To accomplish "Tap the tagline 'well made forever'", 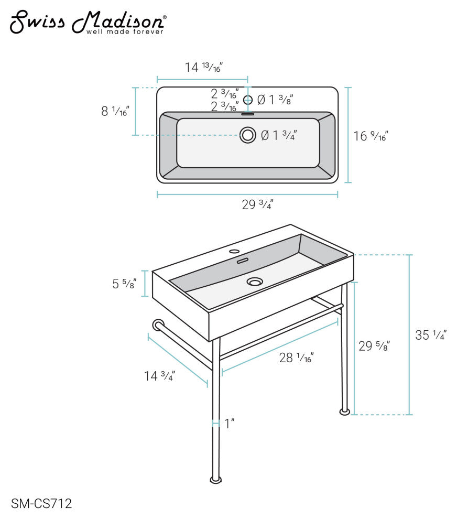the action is (125, 32).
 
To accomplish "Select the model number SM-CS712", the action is (41, 503).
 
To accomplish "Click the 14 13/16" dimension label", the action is (204, 67).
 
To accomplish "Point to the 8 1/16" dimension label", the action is (115, 111).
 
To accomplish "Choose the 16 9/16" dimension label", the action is (371, 136).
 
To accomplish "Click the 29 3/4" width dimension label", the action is (257, 204).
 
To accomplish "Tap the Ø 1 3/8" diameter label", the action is (275, 100).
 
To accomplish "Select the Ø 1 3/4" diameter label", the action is (279, 135).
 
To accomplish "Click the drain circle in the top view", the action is (247, 135).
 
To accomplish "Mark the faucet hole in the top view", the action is (247, 100).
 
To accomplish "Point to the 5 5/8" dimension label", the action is (124, 284).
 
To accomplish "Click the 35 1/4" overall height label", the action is (431, 335).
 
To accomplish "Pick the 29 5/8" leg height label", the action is (374, 346).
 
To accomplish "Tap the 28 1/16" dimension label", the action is (296, 358).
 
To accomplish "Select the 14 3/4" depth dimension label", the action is (159, 376).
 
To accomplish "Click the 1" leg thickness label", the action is (230, 424).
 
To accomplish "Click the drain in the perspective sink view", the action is (255, 282).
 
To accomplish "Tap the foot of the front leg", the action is (216, 480).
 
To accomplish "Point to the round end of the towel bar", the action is (158, 325).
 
